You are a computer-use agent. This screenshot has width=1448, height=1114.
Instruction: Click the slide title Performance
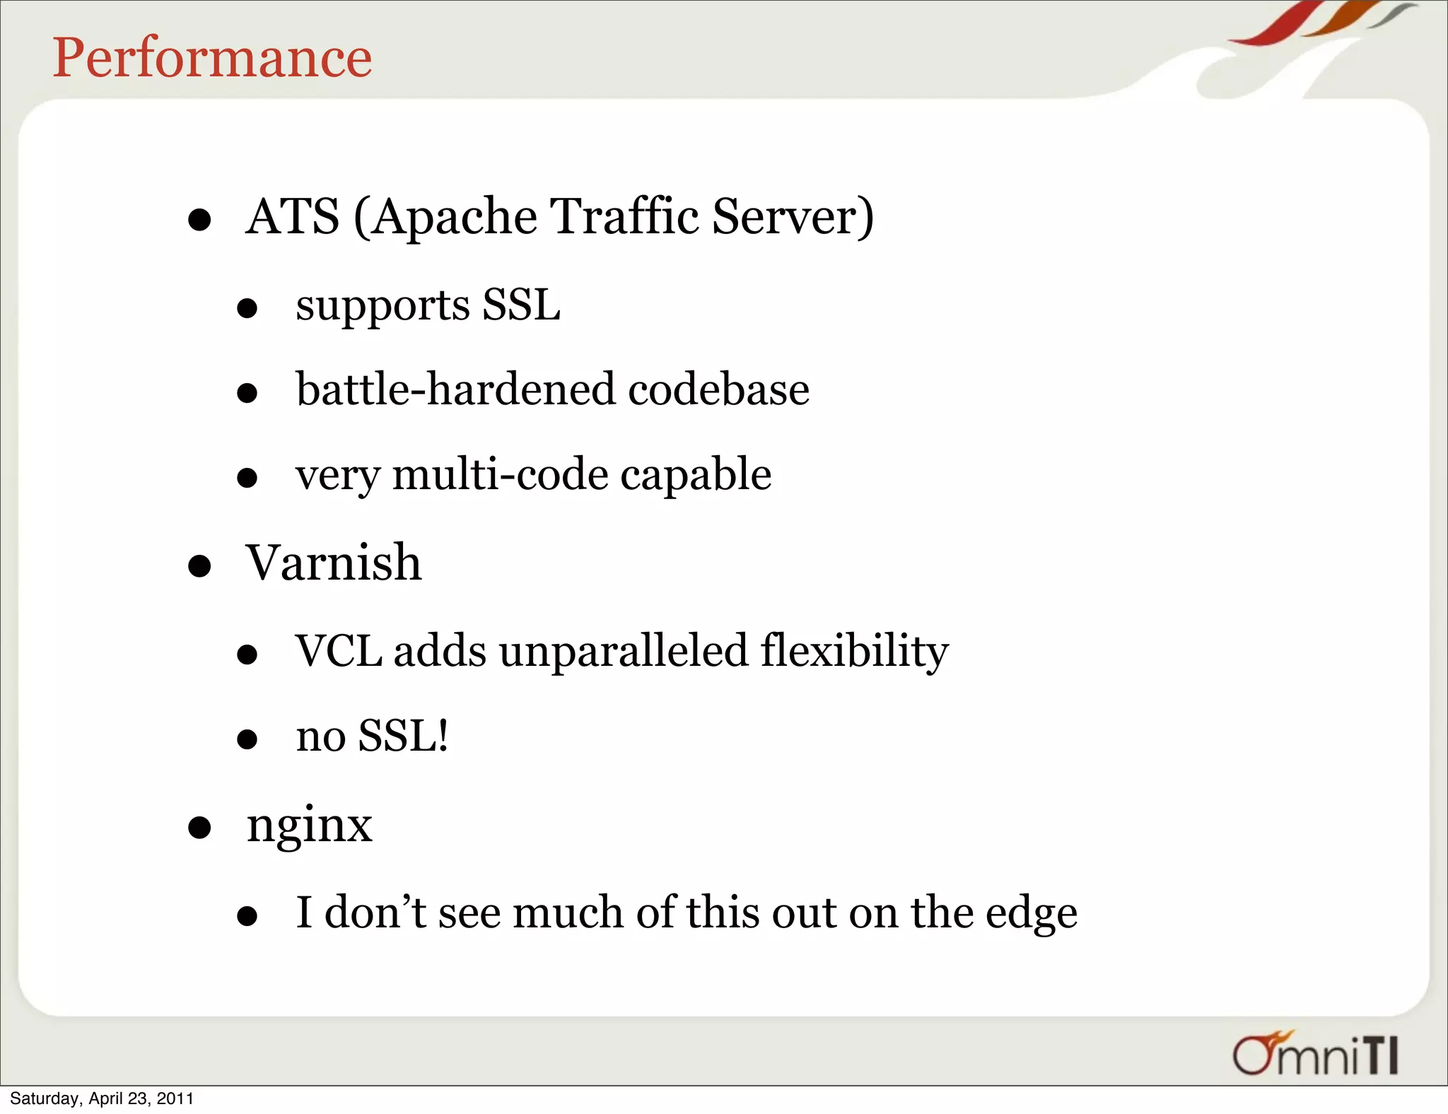[x=212, y=58]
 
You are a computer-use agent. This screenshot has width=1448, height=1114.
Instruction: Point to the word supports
[x=383, y=307]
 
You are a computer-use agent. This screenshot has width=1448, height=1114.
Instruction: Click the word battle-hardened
[x=455, y=389]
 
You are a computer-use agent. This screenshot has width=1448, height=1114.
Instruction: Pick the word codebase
[x=718, y=389]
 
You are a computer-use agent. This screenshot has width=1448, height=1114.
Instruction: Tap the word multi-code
[x=500, y=474]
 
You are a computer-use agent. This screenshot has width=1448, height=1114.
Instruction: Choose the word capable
[x=696, y=476]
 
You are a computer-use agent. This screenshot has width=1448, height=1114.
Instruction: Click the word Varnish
[x=334, y=563]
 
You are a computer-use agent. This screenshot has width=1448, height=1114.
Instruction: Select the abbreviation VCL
[x=339, y=651]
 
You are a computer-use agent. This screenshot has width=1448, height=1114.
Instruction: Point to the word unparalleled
[x=623, y=651]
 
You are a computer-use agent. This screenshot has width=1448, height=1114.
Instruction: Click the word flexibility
[x=854, y=651]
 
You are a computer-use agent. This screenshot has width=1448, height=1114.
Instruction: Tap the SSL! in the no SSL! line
[x=403, y=736]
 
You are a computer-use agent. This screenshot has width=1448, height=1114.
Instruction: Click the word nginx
[x=309, y=826]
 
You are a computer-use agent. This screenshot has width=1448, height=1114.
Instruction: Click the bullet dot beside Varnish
[x=200, y=566]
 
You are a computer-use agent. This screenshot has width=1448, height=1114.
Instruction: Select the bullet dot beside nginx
[x=200, y=828]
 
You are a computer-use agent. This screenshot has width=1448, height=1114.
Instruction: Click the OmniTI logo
[x=1315, y=1055]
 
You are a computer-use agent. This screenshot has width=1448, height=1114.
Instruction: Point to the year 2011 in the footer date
[x=175, y=1098]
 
